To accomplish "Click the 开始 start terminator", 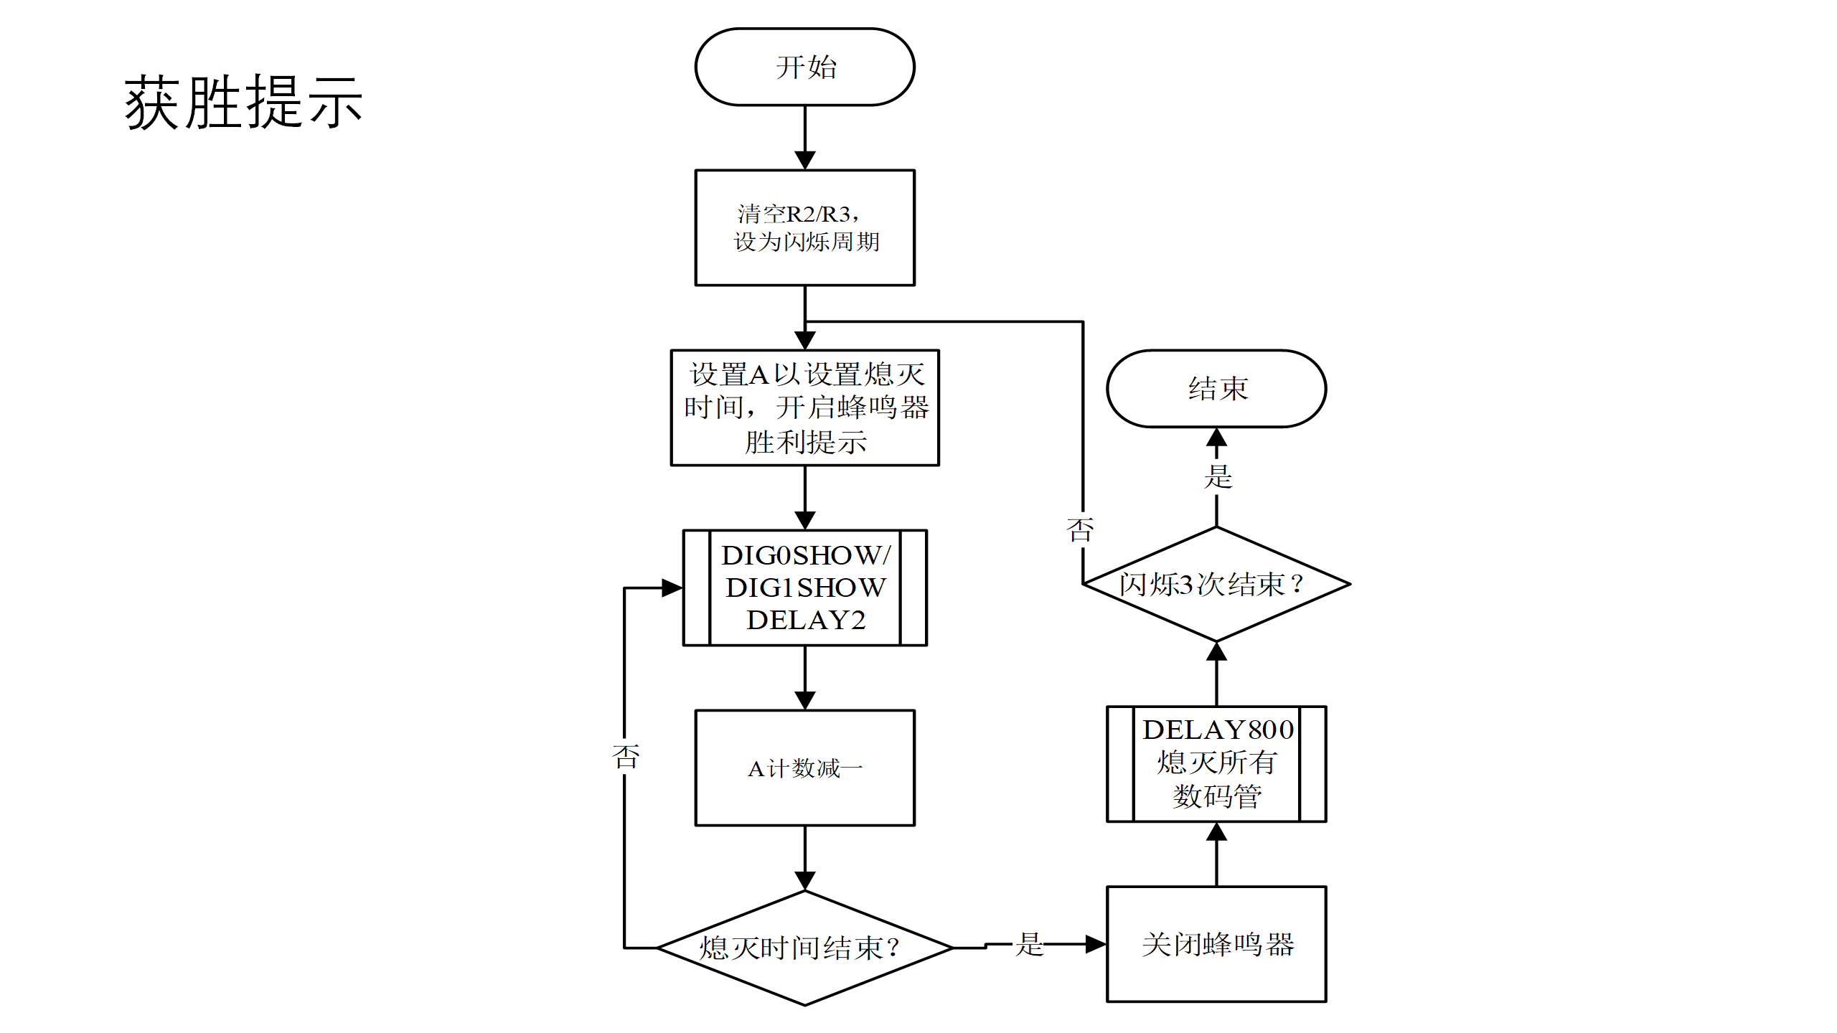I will click(804, 67).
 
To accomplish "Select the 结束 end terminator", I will click(1216, 389).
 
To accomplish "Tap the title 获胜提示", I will click(243, 103).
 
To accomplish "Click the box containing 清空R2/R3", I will click(804, 228).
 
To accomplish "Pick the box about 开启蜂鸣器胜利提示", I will click(804, 407).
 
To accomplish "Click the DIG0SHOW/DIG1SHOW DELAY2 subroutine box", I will click(804, 588).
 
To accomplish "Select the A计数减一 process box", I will click(804, 768).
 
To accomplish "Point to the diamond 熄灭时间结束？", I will click(804, 948).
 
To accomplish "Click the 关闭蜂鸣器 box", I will click(1216, 944).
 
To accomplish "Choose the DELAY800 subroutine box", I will click(1216, 764).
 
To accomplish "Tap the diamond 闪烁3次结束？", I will click(1216, 584).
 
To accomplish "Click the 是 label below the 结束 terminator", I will click(1218, 476).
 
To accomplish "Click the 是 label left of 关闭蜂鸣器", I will click(1029, 944).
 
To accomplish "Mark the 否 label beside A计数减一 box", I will click(626, 756).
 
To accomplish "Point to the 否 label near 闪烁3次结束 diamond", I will click(1080, 530).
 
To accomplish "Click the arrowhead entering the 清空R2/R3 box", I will click(805, 160).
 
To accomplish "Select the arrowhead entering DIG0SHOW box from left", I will click(672, 588).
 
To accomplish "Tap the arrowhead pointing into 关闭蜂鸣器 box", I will click(1095, 944).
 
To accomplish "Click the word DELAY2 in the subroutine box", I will click(806, 620).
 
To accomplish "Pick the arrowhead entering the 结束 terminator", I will click(1216, 438).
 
